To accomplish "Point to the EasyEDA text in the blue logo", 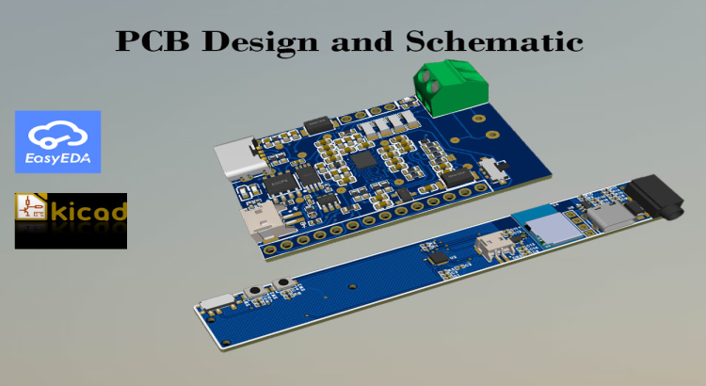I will click(x=57, y=161).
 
